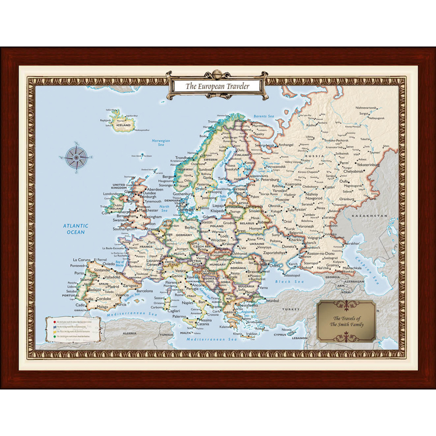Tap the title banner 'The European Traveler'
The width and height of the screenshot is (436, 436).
click(x=217, y=86)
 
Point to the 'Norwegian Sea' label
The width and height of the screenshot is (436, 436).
click(x=161, y=142)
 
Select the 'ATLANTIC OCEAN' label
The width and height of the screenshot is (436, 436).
click(x=75, y=229)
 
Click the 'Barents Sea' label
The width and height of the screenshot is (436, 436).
click(x=263, y=116)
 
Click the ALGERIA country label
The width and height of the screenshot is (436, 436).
click(x=128, y=333)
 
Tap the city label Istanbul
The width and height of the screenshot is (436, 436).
click(x=271, y=301)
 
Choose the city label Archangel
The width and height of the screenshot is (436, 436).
click(x=285, y=144)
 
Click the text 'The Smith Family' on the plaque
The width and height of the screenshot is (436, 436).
click(x=346, y=324)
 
